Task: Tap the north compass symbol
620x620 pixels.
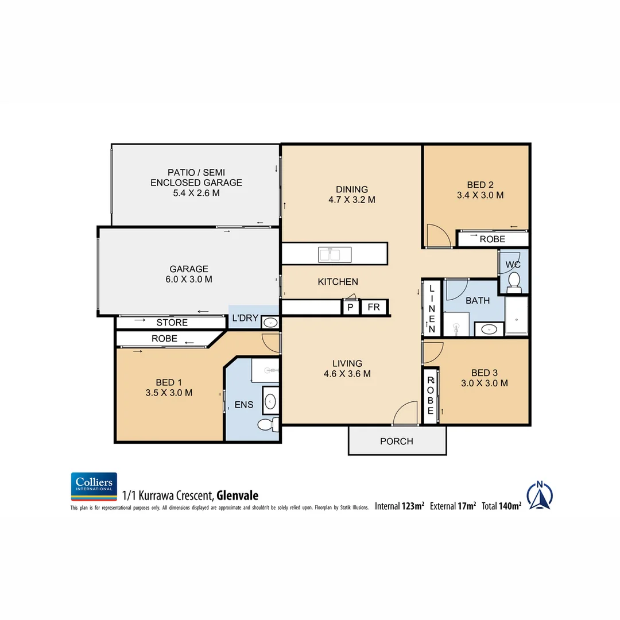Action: click(x=539, y=495)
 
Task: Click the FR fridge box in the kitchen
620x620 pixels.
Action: click(x=374, y=307)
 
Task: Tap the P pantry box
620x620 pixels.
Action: click(x=350, y=308)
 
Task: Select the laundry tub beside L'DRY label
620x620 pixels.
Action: click(x=269, y=323)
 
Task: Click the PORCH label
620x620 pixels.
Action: click(x=397, y=441)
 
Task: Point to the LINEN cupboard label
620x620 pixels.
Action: click(x=432, y=308)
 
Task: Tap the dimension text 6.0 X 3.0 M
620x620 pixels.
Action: click(x=188, y=280)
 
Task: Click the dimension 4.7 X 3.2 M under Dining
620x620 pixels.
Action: click(x=351, y=200)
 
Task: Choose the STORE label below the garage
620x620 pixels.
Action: click(x=172, y=323)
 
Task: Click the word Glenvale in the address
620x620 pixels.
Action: click(x=237, y=495)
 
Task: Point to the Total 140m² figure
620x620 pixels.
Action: click(x=501, y=506)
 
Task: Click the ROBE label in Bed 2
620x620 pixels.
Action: click(x=492, y=239)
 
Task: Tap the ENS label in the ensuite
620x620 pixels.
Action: click(x=243, y=405)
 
